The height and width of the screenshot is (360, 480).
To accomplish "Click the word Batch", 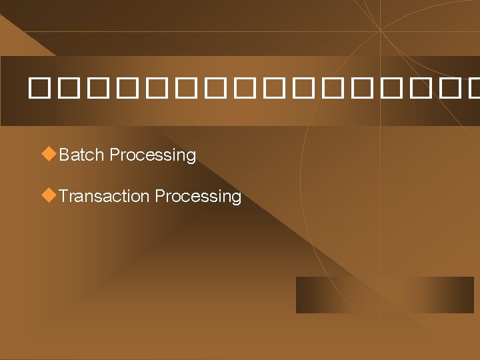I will click(82, 155).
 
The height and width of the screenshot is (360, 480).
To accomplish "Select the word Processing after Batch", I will click(153, 155).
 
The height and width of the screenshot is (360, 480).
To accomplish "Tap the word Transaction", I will click(104, 196).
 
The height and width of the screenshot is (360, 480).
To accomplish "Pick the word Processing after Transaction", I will click(198, 197).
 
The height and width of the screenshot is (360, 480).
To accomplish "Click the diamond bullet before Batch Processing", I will click(48, 154).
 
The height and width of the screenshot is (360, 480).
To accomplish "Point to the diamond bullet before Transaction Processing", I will click(48, 195).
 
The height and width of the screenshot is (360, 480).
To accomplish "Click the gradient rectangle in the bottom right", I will click(385, 295).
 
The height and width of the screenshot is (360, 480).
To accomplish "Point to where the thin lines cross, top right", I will click(380, 30).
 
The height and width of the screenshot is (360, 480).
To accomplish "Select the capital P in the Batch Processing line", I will click(114, 155).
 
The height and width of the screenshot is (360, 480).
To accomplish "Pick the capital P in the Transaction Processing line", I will click(159, 196).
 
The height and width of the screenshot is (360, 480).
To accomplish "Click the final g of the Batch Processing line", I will click(191, 157).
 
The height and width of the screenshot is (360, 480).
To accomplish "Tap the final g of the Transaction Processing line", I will click(237, 198).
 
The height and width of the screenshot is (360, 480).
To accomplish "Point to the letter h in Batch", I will click(99, 155).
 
